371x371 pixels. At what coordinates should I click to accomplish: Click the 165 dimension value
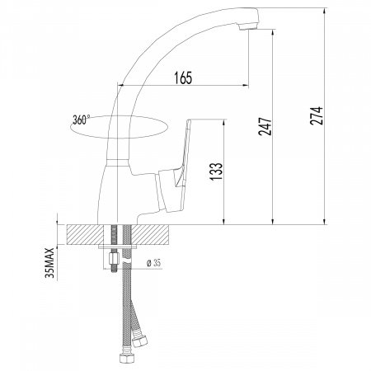(x=183, y=77)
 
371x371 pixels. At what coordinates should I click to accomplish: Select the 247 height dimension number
(x=265, y=126)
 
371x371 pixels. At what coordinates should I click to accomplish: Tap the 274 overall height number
(x=317, y=115)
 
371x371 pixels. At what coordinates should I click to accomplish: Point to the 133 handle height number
(x=217, y=171)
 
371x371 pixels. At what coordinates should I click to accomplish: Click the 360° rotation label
(x=82, y=120)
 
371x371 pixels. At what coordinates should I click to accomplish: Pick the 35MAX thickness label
(x=49, y=263)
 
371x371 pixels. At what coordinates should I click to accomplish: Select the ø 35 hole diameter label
(x=153, y=263)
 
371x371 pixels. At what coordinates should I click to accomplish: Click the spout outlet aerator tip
(x=248, y=26)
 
